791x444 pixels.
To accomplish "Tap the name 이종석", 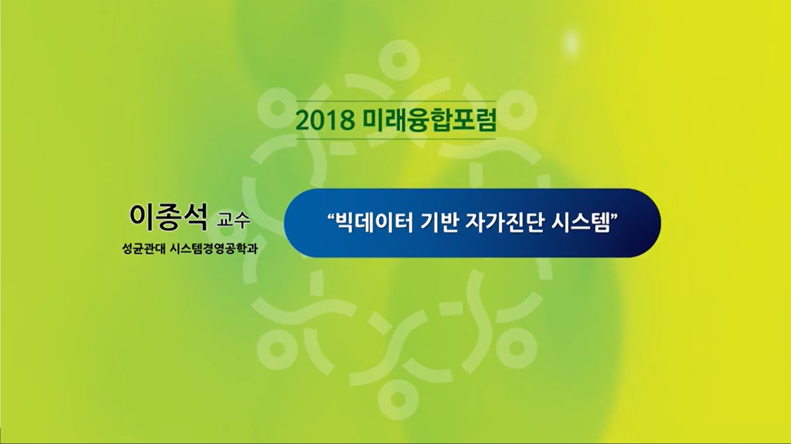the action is coord(168,217).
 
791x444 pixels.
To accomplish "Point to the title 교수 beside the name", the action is coord(233,222).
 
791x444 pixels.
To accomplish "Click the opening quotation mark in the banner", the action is coord(330,217).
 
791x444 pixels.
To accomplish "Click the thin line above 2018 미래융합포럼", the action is coord(396,101).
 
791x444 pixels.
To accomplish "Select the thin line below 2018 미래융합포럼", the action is coord(396,139).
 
